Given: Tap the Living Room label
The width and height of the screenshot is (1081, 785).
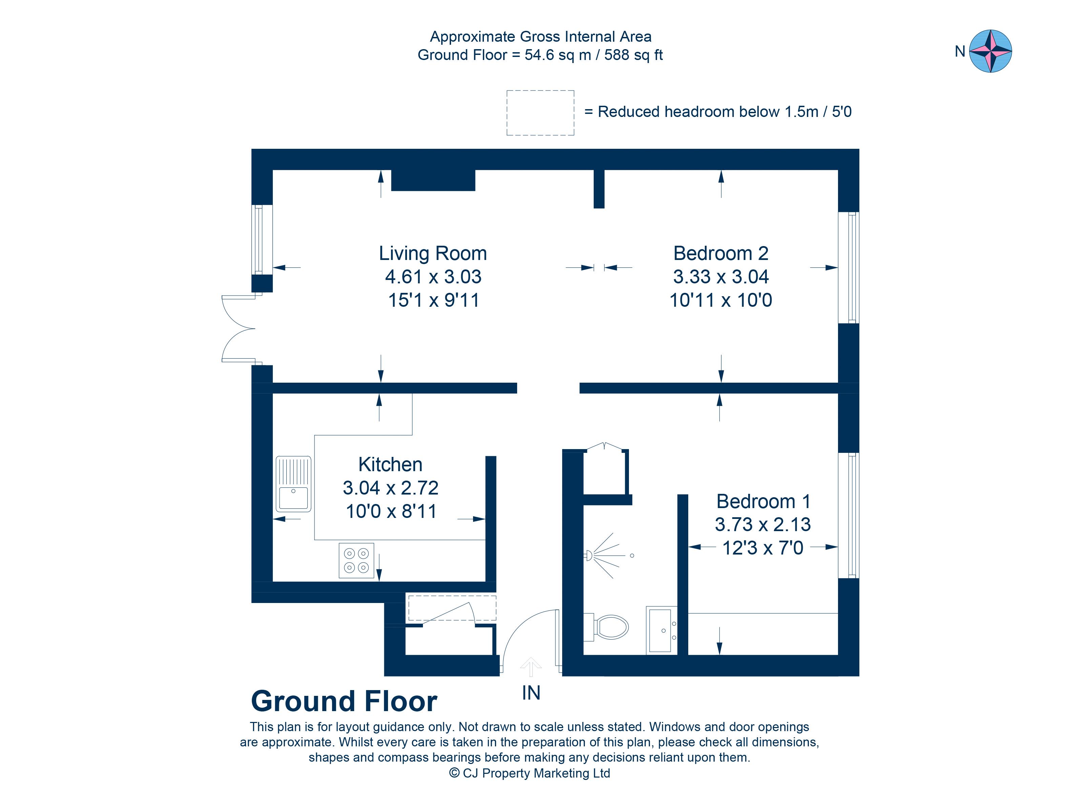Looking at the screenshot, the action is [x=433, y=254].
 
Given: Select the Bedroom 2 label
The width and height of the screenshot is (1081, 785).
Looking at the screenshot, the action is [x=721, y=254].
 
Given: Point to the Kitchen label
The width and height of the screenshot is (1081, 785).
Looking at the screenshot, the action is [x=390, y=465].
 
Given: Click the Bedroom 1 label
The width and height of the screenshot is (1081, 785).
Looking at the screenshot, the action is [x=763, y=501].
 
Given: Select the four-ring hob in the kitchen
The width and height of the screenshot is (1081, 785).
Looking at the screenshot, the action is [x=356, y=561].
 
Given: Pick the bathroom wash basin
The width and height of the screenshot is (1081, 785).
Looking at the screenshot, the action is [x=661, y=630].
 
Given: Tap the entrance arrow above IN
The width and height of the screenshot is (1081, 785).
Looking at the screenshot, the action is [x=530, y=667].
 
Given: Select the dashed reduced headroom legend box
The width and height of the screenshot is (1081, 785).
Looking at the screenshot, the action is [x=540, y=113].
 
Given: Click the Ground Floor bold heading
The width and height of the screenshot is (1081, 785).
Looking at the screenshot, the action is [x=344, y=702].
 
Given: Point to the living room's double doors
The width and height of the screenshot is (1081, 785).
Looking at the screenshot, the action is [x=238, y=328].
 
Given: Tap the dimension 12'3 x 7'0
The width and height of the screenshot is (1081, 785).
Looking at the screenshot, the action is [x=762, y=548].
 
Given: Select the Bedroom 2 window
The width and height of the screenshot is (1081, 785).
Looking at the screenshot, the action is [x=849, y=268].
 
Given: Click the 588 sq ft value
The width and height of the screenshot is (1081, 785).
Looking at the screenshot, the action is [x=633, y=55].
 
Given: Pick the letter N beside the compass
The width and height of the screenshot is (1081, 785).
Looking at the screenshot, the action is [x=960, y=52].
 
